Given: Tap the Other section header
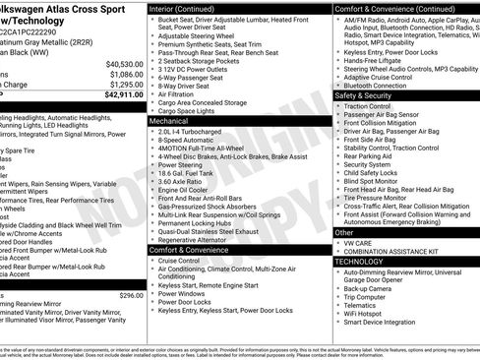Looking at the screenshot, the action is click(x=345, y=232).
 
